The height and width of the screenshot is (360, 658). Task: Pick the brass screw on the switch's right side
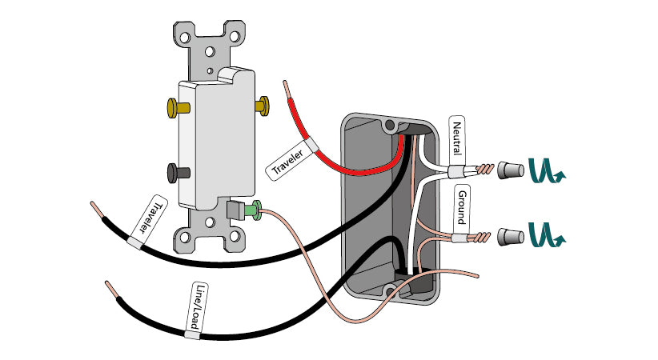coord(262,105)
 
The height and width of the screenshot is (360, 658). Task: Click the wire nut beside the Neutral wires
coord(506,170)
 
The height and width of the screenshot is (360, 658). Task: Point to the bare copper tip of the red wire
coord(287,84)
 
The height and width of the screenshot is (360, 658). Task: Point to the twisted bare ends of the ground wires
coord(482,237)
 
